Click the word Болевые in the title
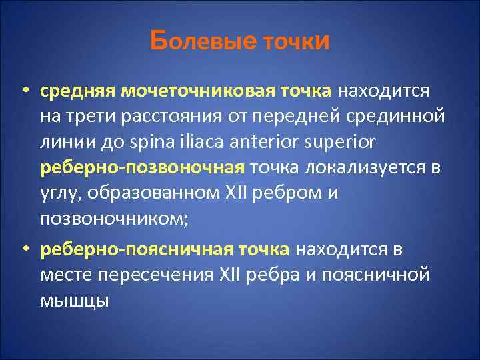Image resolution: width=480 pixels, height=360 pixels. click(202, 41)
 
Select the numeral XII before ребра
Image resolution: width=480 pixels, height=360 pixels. click(231, 275)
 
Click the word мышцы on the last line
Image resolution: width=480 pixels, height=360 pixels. click(74, 302)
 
